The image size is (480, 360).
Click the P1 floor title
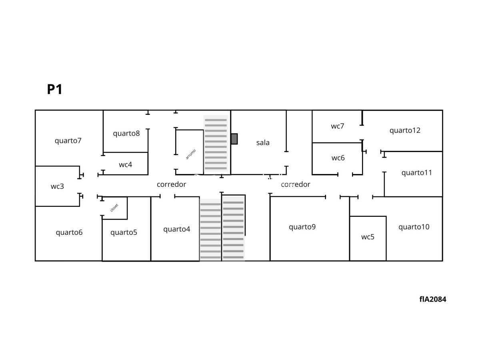[55, 89]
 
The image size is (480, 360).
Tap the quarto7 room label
[68, 140]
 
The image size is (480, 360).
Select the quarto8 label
[126, 133]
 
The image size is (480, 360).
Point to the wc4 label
[125, 164]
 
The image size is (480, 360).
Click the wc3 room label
[57, 186]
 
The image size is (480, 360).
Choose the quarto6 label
[69, 232]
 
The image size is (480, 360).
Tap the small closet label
[114, 208]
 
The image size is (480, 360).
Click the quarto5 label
[124, 232]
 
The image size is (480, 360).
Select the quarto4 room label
[177, 229]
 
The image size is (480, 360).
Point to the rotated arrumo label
[191, 154]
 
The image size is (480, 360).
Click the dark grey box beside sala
[234, 139]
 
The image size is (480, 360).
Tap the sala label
[263, 143]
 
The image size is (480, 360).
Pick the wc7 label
[338, 126]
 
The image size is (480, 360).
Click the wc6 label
[338, 158]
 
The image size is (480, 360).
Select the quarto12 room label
[405, 130]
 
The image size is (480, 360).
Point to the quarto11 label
[416, 173]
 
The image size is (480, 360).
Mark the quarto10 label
[414, 227]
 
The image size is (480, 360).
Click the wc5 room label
[368, 237]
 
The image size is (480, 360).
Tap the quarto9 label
[302, 227]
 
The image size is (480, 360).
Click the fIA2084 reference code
[433, 299]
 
